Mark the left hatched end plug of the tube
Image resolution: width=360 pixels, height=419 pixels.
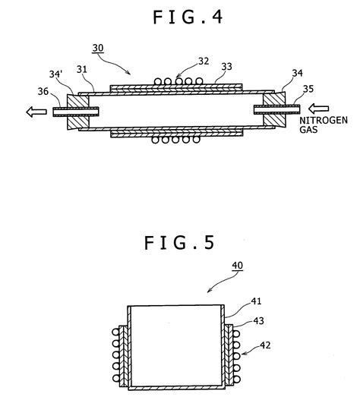pyautogui.click(x=77, y=111)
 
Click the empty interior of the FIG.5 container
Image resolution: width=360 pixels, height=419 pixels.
pyautogui.click(x=175, y=345)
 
